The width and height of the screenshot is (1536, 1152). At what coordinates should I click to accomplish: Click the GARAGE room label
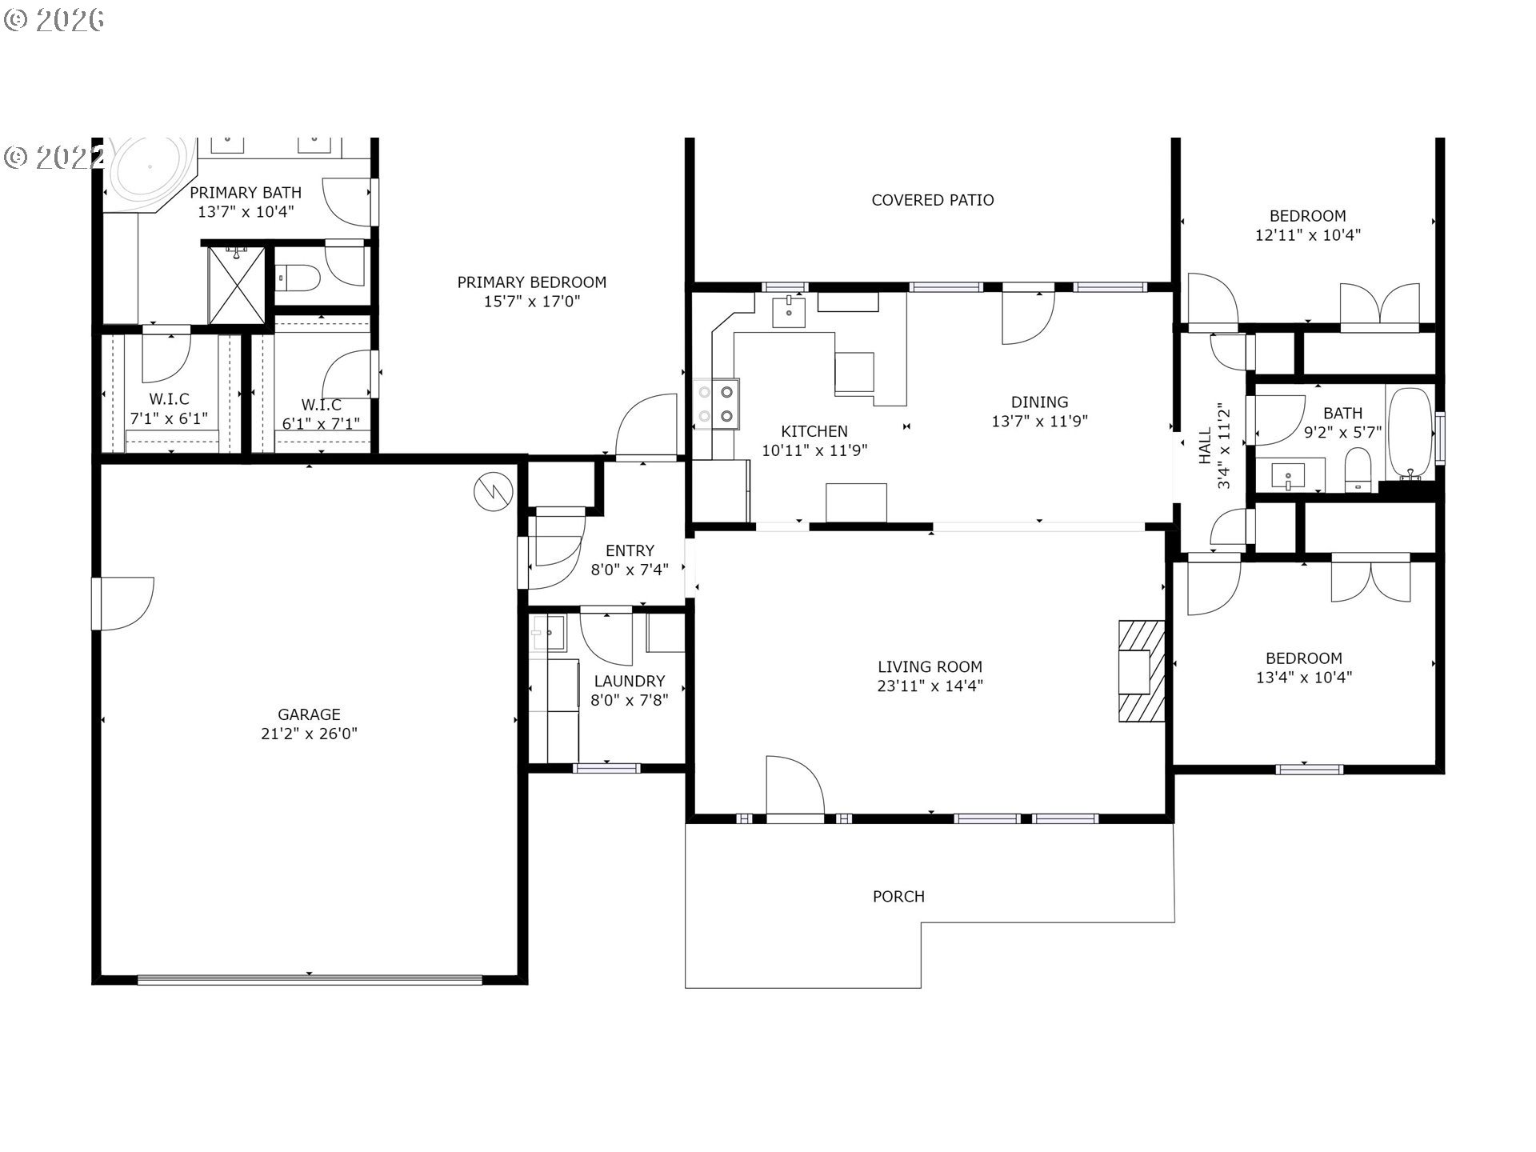pos(309,714)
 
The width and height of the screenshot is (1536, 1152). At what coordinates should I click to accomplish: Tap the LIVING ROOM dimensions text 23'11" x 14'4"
pos(930,686)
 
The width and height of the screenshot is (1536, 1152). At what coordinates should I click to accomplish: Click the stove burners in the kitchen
pos(716,404)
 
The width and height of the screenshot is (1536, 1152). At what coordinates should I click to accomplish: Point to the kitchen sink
pos(789,311)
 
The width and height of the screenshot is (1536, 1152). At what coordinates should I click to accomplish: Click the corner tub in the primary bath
pos(151,174)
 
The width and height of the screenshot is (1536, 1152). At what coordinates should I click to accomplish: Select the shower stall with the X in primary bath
pos(237,286)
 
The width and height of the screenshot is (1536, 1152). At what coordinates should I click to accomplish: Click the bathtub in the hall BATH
pos(1410,433)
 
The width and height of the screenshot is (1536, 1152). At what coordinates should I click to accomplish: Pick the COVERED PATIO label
pos(933,200)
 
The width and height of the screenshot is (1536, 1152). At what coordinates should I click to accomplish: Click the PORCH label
pos(898,897)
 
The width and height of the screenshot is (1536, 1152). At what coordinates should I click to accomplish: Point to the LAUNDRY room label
pos(630,681)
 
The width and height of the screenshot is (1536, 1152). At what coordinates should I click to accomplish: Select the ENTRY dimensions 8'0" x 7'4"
pos(630,570)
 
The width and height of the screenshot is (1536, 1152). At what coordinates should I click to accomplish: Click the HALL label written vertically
pos(1206,446)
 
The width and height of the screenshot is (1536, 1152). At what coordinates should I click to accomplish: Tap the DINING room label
pos(1039,402)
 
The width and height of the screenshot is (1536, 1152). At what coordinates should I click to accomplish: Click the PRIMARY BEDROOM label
pos(532,282)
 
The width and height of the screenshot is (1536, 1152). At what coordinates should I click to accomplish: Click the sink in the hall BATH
pos(1289,478)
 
